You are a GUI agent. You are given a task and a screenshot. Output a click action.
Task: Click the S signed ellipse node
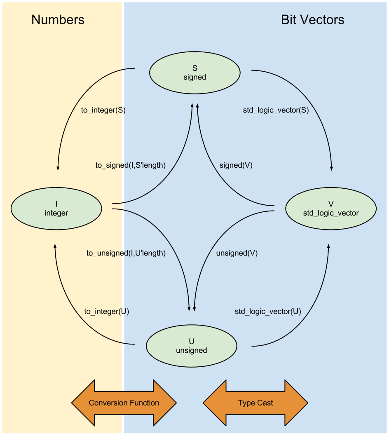click(x=194, y=73)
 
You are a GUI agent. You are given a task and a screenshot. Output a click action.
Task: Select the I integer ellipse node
click(x=56, y=209)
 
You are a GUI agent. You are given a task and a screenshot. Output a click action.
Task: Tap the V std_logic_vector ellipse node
click(x=330, y=209)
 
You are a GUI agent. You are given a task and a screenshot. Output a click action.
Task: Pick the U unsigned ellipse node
click(x=192, y=346)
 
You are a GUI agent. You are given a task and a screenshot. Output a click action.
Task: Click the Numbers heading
click(x=58, y=20)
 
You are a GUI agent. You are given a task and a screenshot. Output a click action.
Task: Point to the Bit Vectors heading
click(x=312, y=20)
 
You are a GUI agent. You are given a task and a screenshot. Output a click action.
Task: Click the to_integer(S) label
click(x=103, y=110)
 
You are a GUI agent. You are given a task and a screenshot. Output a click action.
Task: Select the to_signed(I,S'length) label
click(x=130, y=165)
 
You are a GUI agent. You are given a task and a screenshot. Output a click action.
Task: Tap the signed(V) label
click(x=236, y=165)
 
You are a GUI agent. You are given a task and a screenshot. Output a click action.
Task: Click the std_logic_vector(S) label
click(x=276, y=110)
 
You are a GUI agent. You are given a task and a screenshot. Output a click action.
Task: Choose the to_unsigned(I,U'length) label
click(x=126, y=253)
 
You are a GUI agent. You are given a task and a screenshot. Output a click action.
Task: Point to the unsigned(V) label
click(x=237, y=253)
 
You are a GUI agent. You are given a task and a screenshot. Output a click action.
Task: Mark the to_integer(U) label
click(x=107, y=312)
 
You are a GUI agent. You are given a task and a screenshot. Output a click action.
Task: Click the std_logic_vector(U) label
click(x=268, y=312)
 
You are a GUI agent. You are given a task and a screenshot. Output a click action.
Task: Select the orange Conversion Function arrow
click(x=124, y=403)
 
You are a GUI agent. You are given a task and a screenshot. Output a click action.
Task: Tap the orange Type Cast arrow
click(x=255, y=403)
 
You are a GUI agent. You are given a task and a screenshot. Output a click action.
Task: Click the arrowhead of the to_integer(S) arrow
click(x=58, y=168)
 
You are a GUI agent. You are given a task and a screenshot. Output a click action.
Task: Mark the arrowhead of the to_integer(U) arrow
click(x=55, y=246)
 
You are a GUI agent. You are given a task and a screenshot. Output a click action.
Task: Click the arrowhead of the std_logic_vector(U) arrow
click(x=328, y=246)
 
